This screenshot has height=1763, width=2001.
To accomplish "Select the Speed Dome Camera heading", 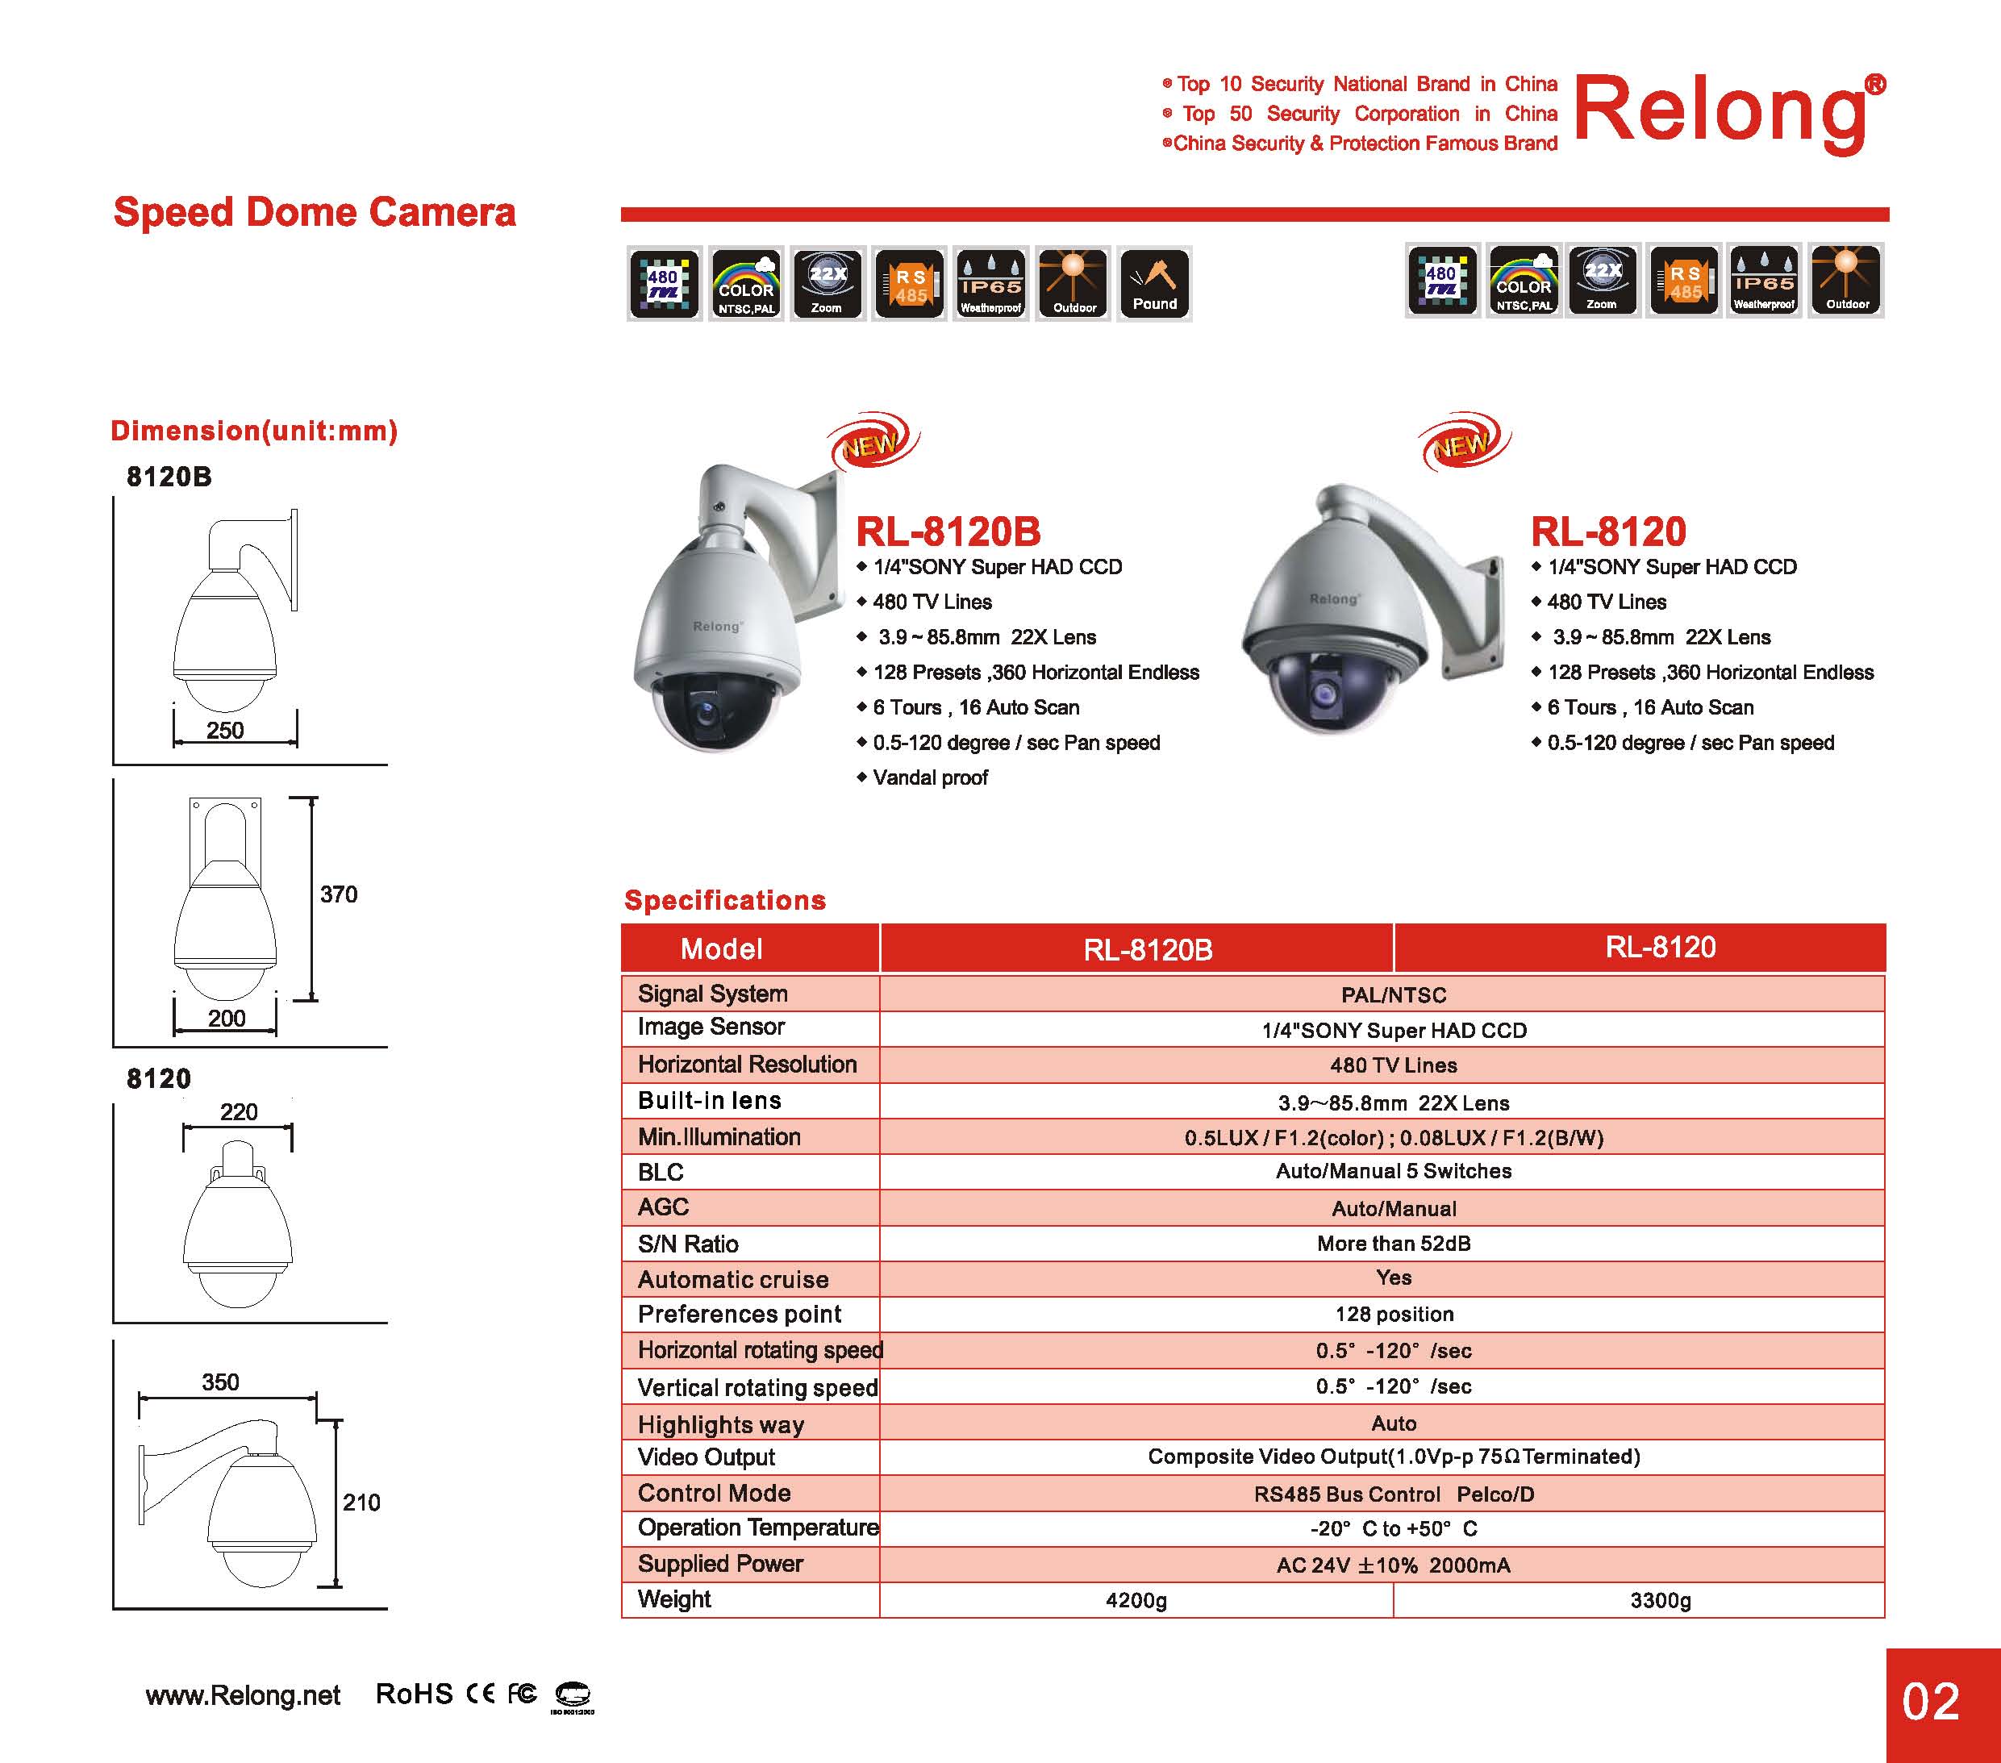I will [315, 212].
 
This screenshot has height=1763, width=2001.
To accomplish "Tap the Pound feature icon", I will [1154, 284].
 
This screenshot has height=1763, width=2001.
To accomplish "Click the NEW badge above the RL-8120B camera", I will [871, 444].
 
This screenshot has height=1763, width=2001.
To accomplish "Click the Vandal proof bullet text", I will [930, 777].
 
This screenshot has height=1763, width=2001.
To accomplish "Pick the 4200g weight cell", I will [1136, 1599].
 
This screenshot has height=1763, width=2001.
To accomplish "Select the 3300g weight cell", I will [1661, 1599].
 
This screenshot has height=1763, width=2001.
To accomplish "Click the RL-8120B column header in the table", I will [1148, 948].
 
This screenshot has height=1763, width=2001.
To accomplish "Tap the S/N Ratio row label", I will [688, 1243].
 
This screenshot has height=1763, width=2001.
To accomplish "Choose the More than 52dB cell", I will [1393, 1243].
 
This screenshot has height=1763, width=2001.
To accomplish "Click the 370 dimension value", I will [339, 894].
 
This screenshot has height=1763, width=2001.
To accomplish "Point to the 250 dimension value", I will [225, 730].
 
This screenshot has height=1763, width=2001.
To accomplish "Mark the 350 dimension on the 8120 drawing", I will [220, 1382].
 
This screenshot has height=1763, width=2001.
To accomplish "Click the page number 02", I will [1931, 1702].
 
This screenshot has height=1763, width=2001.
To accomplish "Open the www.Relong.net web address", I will [243, 1695].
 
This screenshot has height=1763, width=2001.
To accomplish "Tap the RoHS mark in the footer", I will [414, 1694].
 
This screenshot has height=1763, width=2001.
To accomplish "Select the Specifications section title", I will [724, 899].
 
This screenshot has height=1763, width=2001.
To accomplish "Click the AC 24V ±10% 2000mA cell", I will [1393, 1565].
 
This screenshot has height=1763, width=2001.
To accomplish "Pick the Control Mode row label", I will [714, 1493].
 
